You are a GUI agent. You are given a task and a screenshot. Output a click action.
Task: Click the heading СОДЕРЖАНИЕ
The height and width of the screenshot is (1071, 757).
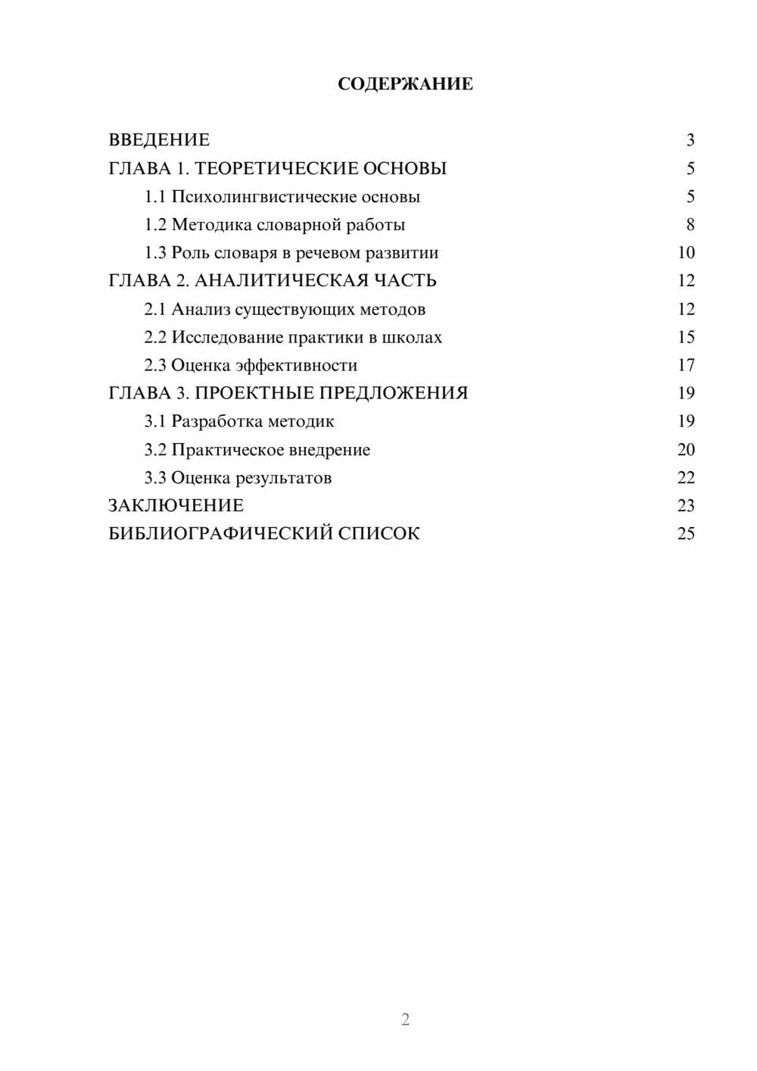pos(405,84)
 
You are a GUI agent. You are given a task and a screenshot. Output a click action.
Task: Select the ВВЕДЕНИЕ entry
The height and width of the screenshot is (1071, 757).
pos(159,140)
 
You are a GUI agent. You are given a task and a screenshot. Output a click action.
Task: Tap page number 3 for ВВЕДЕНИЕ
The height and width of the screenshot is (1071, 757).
pos(690,140)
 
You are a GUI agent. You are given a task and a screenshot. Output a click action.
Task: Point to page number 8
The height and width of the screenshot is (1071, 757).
pos(690,225)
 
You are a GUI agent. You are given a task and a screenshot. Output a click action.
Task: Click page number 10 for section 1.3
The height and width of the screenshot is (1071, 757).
pos(686,253)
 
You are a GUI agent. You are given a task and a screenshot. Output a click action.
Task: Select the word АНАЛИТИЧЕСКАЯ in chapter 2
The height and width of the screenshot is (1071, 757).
pos(282,281)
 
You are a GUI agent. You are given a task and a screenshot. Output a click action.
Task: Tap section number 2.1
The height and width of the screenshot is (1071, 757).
pos(155,309)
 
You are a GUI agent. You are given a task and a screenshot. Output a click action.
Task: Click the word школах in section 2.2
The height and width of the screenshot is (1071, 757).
pos(416,338)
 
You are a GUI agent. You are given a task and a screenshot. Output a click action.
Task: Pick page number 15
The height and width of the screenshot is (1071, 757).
pos(686,338)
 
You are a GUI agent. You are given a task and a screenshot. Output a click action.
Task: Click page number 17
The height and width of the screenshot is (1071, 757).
pos(686,366)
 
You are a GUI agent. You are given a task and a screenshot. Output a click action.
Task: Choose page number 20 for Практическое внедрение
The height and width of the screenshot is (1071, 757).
pos(686,450)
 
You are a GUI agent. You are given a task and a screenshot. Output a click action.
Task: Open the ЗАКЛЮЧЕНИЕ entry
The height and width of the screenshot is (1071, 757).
pos(176,506)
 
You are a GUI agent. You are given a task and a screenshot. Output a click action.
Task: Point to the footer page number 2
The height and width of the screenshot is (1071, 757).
pos(405,1019)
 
